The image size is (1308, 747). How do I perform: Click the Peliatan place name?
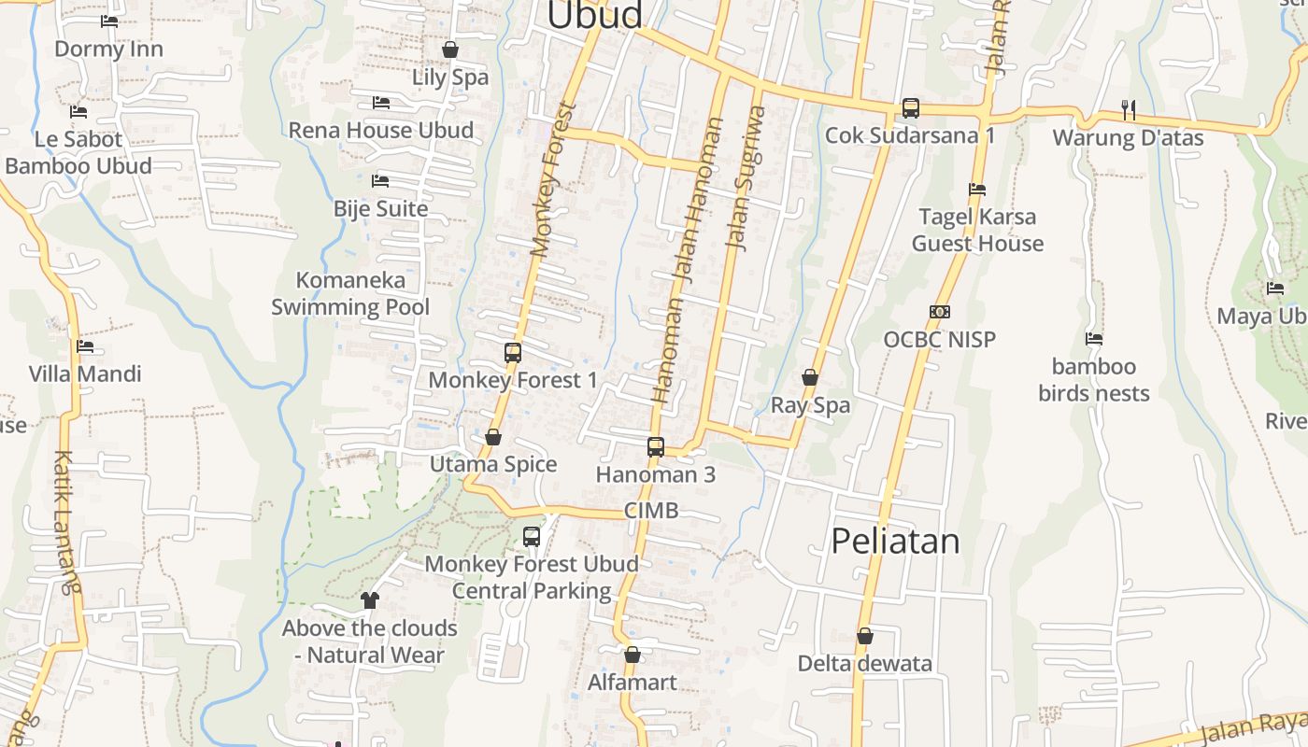[x=895, y=542]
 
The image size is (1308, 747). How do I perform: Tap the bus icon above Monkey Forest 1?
[x=512, y=353]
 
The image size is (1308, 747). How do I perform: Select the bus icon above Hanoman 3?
[x=656, y=447]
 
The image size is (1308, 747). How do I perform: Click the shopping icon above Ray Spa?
[x=810, y=377]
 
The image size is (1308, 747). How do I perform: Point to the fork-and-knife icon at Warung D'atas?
[x=1129, y=110]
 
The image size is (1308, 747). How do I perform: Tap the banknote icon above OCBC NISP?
[x=940, y=312]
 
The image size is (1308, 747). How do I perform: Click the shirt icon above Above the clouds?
[x=370, y=600]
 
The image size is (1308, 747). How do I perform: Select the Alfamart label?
[x=632, y=683]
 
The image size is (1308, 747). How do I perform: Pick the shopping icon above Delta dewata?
[x=865, y=636]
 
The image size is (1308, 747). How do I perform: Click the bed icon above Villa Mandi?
[x=85, y=346]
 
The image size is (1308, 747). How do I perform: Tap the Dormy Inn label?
[x=108, y=49]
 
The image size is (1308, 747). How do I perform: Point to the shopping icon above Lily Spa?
[x=450, y=49]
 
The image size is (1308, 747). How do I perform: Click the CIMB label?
[x=650, y=511]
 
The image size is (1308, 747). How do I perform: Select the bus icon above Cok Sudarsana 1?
[x=910, y=108]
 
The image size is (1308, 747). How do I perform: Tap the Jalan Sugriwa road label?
[x=746, y=178]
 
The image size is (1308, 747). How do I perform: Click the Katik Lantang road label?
[x=65, y=523]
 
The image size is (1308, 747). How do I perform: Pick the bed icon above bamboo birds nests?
[x=1094, y=338]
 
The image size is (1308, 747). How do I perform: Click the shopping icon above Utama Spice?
[x=493, y=437]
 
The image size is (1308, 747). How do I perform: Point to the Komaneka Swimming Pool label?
[x=350, y=293]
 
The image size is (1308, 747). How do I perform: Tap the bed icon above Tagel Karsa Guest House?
[x=977, y=189]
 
